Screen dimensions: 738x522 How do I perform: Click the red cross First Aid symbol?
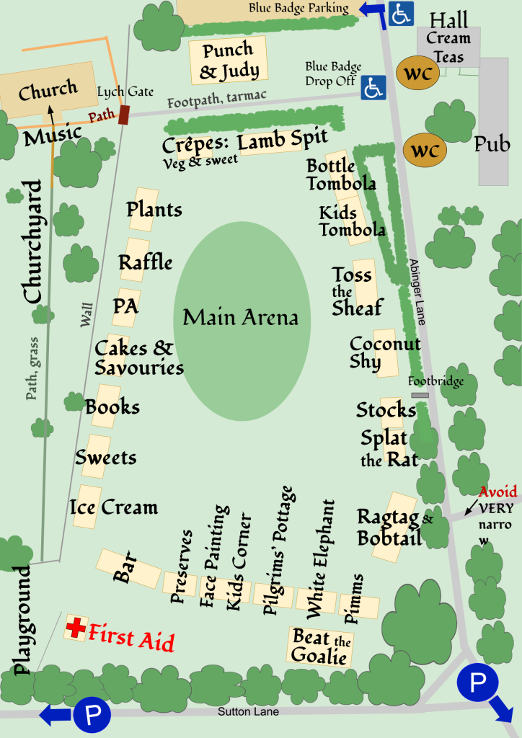pyautogui.click(x=75, y=627)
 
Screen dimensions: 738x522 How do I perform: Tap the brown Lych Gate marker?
pyautogui.click(x=124, y=115)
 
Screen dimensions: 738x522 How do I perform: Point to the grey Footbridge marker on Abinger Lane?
pyautogui.click(x=420, y=395)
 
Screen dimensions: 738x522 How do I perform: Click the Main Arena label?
pyautogui.click(x=240, y=318)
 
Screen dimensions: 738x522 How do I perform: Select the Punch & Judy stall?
pyautogui.click(x=227, y=61)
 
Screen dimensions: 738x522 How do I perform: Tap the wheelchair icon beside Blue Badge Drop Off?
pyautogui.click(x=373, y=87)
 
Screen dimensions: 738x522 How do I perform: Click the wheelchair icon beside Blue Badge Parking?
pyautogui.click(x=401, y=14)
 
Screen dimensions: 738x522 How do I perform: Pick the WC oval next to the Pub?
pyautogui.click(x=425, y=151)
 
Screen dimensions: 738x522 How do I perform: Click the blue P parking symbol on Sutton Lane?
pyautogui.click(x=92, y=714)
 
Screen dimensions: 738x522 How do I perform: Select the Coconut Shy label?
pyautogui.click(x=384, y=352)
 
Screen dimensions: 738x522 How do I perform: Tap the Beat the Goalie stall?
pyautogui.click(x=321, y=646)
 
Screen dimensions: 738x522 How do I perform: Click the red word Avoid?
pyautogui.click(x=498, y=492)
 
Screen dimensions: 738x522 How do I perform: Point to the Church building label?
pyautogui.click(x=48, y=92)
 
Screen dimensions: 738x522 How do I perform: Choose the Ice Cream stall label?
pyautogui.click(x=114, y=507)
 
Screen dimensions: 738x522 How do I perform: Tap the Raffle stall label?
pyautogui.click(x=146, y=262)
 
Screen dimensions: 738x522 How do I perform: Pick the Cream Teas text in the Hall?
pyautogui.click(x=448, y=47)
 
